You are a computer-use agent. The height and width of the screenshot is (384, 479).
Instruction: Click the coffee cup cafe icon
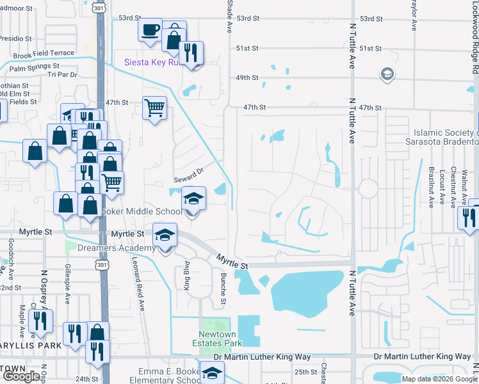150,30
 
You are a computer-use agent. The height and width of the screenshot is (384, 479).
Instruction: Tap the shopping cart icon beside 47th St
154,108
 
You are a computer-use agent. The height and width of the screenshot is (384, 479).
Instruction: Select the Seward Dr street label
188,172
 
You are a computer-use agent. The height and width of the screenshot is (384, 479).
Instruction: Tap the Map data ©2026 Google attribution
439,379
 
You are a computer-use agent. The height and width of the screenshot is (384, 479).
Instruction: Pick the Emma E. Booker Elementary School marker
211,372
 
